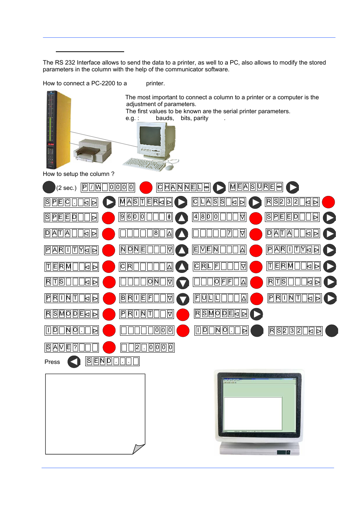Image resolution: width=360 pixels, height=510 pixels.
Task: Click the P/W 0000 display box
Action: click(108, 187)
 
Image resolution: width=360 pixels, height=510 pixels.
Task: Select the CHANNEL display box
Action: click(183, 187)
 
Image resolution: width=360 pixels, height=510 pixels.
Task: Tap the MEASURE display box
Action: click(256, 187)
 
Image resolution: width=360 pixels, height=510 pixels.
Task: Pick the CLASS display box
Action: click(219, 202)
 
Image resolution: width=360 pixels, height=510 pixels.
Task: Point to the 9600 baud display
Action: click(146, 217)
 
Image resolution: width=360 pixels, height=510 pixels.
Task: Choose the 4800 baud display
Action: click(219, 217)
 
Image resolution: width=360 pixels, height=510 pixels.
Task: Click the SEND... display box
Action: click(112, 361)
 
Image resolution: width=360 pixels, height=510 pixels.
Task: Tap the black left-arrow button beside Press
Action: click(74, 362)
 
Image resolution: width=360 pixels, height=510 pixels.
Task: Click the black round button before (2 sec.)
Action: click(49, 187)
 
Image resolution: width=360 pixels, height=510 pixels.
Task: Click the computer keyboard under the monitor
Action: click(145, 164)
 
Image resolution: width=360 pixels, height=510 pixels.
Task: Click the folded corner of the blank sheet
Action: click(138, 448)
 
